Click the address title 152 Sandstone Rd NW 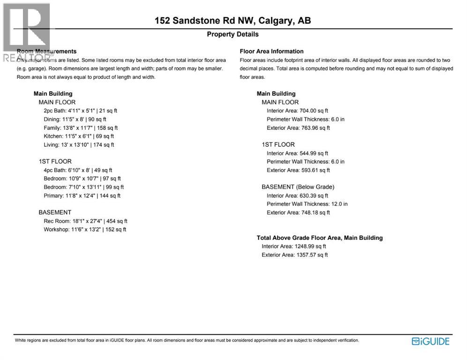point(233,21)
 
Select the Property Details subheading point(233,34)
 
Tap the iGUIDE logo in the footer point(430,341)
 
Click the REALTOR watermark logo point(26,33)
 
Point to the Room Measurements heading point(46,51)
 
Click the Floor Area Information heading point(272,51)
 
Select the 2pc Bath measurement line point(80,111)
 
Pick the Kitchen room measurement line point(79,136)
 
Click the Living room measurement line point(79,145)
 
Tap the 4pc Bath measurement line point(78,170)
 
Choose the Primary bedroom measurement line point(82,195)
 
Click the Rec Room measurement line point(85,221)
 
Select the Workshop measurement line point(85,229)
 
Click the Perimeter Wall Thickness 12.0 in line point(307,204)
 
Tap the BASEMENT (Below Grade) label point(298,187)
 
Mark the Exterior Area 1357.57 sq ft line point(295,255)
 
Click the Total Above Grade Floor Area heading point(319,238)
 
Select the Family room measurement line point(81,127)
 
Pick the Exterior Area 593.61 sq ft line point(298,170)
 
